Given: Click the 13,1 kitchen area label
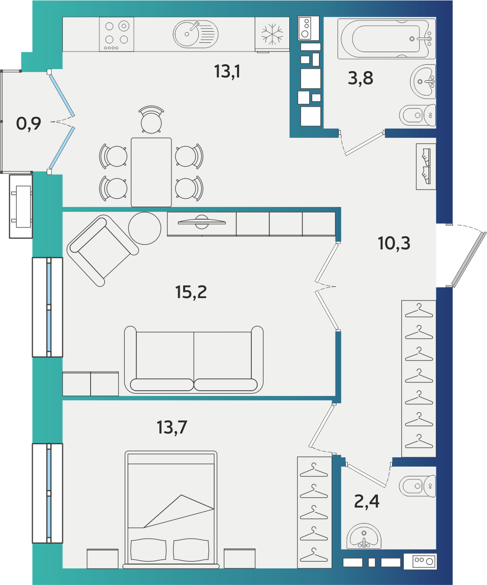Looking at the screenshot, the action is (227, 72).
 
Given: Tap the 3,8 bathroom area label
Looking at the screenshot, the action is (360, 78).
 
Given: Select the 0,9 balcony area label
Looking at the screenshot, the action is (29, 124).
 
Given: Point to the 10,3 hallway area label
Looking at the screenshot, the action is (394, 243).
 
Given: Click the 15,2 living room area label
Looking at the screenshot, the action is (191, 292).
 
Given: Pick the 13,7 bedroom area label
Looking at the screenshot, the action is (172, 428).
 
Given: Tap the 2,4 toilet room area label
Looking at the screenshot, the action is (367, 501).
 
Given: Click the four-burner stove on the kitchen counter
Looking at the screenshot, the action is (116, 34).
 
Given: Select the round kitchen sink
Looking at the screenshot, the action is (196, 34).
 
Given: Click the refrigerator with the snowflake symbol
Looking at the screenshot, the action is (272, 35).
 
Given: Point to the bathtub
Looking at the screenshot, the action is (387, 38).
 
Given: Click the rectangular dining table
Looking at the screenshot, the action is (151, 172).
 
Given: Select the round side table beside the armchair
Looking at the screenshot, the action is (145, 228).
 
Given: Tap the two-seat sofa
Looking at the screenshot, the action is (194, 359).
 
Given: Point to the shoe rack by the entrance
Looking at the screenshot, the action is (426, 167).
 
